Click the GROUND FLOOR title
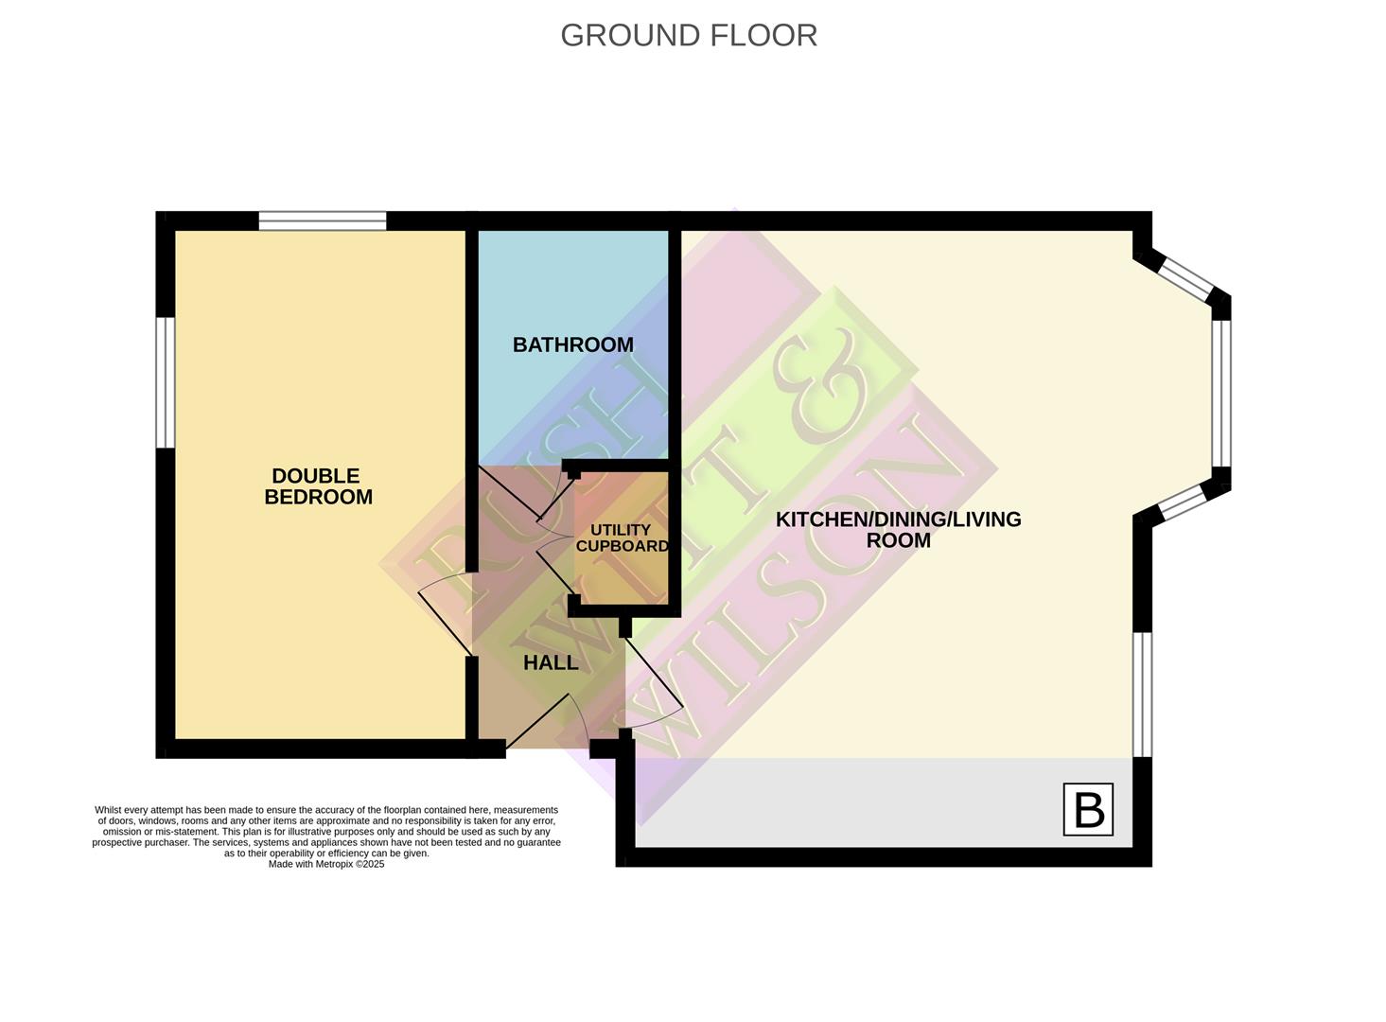click(688, 35)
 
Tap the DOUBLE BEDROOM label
click(317, 486)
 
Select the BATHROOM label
click(572, 344)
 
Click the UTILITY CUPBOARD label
click(621, 537)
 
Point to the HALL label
click(551, 662)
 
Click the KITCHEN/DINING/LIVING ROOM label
click(898, 529)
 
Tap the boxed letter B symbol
click(1087, 809)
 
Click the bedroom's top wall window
click(323, 220)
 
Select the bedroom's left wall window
click(166, 381)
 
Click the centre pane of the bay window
click(1221, 393)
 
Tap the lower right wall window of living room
click(1143, 694)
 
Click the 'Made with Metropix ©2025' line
click(326, 864)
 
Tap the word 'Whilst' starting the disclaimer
click(109, 810)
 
